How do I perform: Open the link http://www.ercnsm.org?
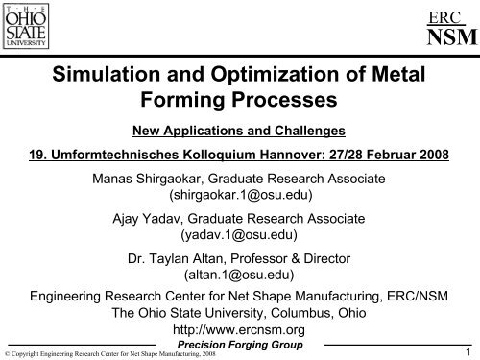tap(239, 330)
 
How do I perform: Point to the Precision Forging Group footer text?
tap(239, 345)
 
